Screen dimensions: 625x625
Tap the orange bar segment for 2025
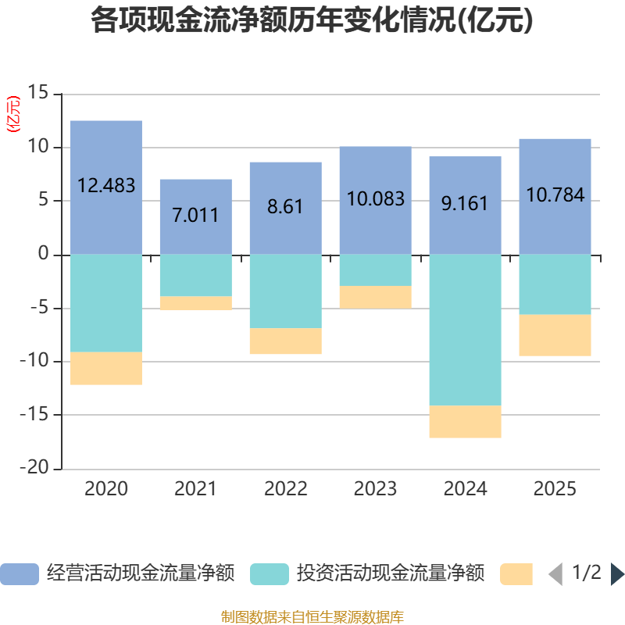coord(555,335)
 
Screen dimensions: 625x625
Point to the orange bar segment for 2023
coord(375,297)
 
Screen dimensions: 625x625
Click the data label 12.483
coord(106,186)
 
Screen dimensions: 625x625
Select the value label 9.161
coord(465,204)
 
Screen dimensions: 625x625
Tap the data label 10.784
coord(555,195)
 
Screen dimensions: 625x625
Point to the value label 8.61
coord(285,208)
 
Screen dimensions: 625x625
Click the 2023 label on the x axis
coord(375,489)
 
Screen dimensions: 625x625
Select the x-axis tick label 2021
coord(195,489)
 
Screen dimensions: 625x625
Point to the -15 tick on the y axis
coord(36,415)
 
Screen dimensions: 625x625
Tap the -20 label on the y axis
coord(36,469)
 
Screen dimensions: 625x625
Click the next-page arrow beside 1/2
coord(617,574)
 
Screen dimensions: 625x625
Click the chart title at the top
coord(312,21)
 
